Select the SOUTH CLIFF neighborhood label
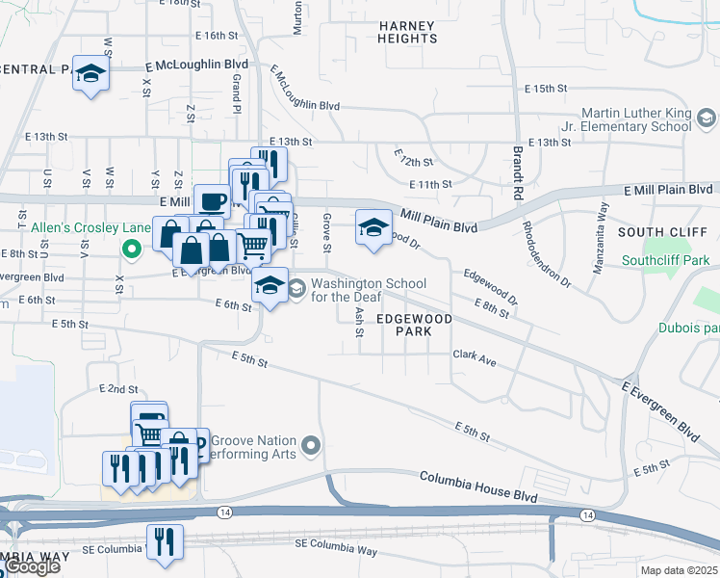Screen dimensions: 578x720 point(662,232)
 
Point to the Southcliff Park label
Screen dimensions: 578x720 point(665,260)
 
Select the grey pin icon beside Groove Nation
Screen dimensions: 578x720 point(310,446)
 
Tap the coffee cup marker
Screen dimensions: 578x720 point(212,202)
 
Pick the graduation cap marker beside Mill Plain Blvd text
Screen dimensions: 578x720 point(373,228)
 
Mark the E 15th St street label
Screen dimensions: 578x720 point(547,89)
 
